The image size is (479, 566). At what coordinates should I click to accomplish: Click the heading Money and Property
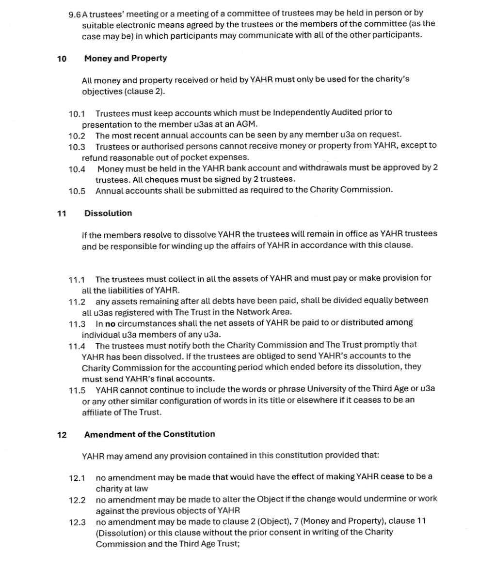[125, 59]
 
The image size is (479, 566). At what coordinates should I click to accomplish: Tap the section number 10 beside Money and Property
[62, 59]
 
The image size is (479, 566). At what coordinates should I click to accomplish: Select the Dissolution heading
[108, 214]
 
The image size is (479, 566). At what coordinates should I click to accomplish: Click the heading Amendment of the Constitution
[149, 434]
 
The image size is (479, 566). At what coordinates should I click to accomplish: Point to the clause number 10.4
[77, 169]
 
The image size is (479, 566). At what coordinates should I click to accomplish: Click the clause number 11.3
[77, 324]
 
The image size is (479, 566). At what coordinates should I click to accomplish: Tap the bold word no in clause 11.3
[110, 323]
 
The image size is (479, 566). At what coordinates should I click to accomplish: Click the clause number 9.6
[75, 14]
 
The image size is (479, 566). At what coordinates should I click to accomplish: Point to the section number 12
[62, 435]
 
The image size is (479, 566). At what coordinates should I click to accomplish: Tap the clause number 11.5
[77, 390]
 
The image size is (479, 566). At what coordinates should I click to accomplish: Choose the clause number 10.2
[77, 136]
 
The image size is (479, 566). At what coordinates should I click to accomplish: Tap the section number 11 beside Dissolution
[62, 214]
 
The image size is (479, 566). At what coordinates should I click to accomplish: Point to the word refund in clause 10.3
[94, 158]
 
